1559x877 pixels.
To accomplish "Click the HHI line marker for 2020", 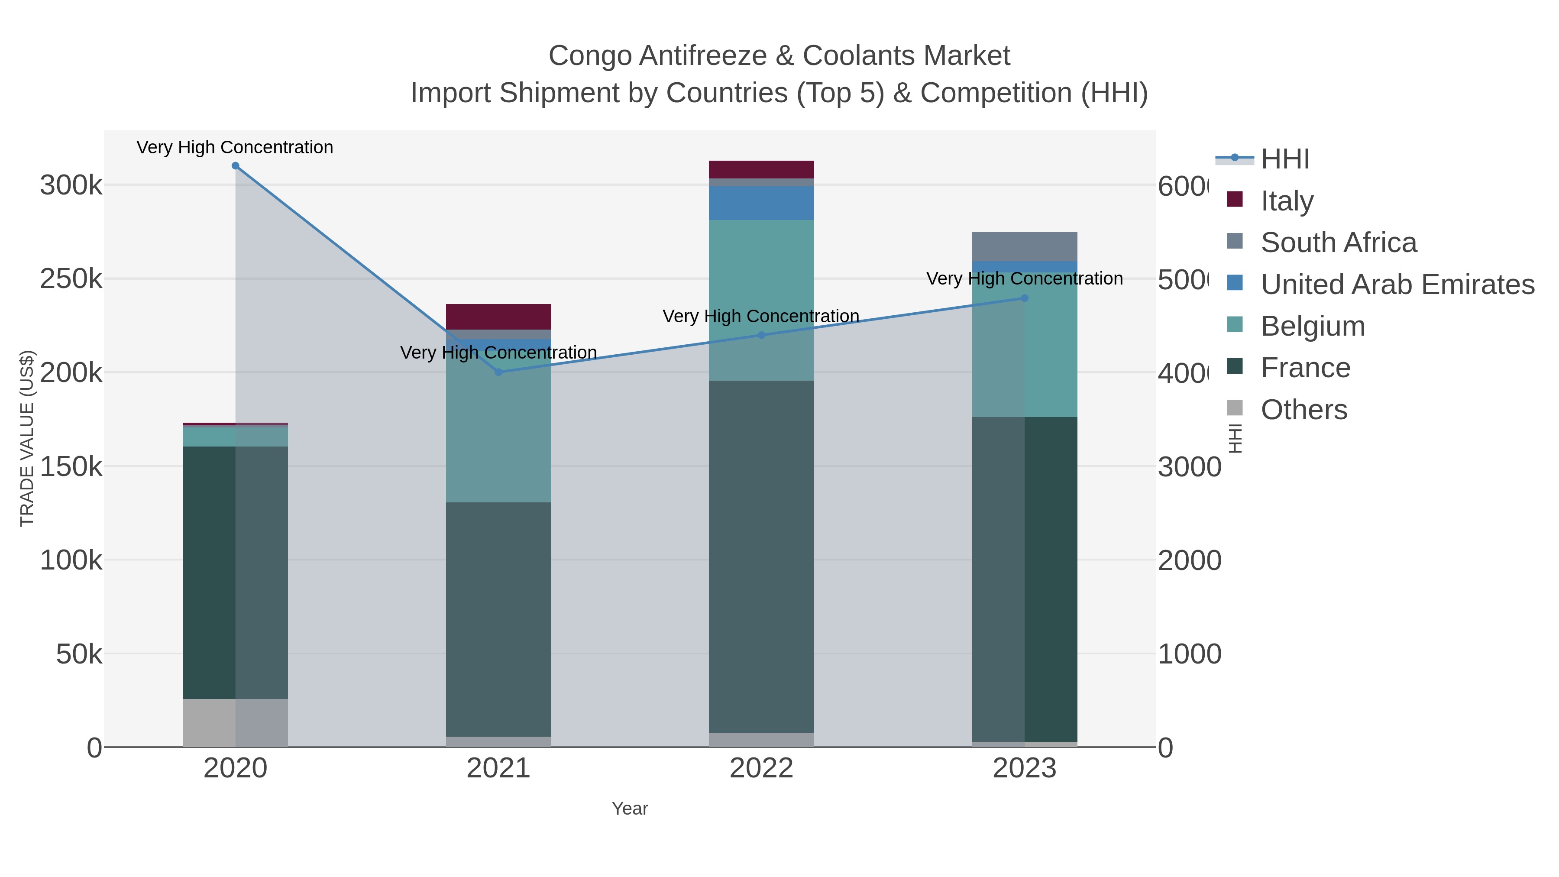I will tap(236, 166).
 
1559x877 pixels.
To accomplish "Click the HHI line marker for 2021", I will tap(499, 372).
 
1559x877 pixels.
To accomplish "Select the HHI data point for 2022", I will tap(761, 335).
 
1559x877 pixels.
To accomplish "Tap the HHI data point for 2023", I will tap(1025, 298).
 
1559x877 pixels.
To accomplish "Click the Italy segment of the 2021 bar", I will tap(499, 317).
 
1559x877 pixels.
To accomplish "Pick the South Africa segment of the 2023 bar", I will tap(1025, 246).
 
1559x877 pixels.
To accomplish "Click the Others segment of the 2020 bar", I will tap(236, 723).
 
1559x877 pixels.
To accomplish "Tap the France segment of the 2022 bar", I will tap(761, 557).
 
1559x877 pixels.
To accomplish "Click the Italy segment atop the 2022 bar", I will tap(761, 169).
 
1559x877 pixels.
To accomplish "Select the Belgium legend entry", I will tap(1312, 326).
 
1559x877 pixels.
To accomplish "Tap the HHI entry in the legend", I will tap(1284, 159).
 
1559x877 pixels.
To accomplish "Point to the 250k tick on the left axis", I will tap(71, 279).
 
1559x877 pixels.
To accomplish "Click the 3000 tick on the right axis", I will tap(1189, 466).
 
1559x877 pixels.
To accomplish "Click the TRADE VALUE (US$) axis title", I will tap(27, 438).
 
